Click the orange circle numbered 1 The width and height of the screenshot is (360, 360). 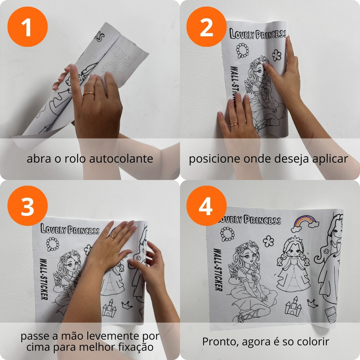27,27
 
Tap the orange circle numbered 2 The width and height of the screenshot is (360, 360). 206,27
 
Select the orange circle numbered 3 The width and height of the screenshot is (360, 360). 27,206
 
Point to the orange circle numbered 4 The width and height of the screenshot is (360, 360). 206,206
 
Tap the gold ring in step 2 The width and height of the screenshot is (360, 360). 234,125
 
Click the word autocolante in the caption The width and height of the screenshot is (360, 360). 121,159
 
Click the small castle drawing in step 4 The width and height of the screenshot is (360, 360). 293,306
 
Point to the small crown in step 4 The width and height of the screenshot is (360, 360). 313,303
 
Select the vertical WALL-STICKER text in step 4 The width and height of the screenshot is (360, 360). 218,270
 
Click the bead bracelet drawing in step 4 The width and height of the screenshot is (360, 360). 227,234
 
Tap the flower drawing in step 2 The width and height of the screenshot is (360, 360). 277,55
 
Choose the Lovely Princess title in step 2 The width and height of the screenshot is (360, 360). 258,34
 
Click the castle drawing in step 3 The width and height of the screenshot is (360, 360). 109,308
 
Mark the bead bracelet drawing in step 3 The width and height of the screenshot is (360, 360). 53,244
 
